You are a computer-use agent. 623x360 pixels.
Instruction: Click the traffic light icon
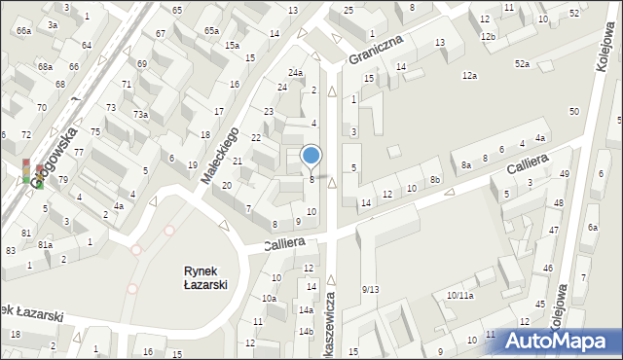(26, 171)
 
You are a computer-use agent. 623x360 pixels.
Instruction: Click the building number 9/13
(370, 289)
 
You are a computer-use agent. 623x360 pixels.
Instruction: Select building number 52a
(523, 63)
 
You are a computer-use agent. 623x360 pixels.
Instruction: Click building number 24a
(295, 73)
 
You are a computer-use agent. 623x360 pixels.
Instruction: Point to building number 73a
(141, 115)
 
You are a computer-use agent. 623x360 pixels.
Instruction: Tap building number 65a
(211, 30)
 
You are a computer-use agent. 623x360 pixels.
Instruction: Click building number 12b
(487, 36)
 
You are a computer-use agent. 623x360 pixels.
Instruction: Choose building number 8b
(436, 180)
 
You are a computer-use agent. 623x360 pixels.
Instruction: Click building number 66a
(23, 31)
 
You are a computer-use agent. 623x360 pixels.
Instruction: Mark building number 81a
(45, 244)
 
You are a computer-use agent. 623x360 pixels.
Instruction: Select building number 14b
(306, 332)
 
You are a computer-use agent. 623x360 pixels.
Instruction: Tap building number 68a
(45, 67)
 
